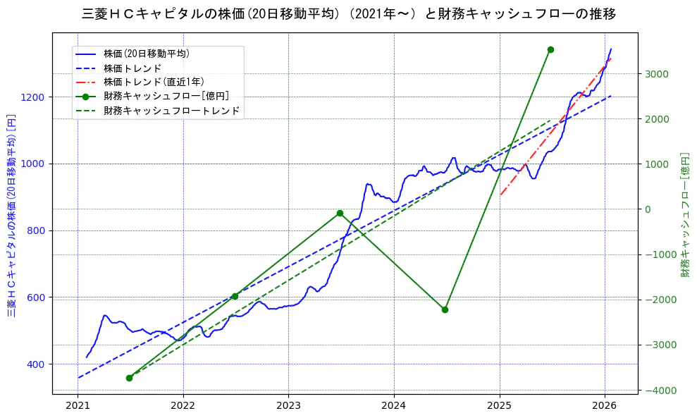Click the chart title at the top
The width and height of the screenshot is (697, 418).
point(348,14)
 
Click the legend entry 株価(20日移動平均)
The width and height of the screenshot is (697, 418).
point(147,53)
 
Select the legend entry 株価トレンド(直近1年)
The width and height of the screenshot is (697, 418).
point(153,82)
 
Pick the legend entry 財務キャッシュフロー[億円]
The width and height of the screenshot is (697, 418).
point(166,96)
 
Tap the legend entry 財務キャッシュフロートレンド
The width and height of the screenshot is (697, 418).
point(171,111)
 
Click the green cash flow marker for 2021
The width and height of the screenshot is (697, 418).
point(130,378)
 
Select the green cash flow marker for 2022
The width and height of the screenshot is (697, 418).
point(235,296)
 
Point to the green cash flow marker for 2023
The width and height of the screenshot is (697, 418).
point(340,213)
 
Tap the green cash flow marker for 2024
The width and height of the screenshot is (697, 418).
point(445,309)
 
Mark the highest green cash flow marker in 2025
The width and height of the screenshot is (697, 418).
point(550,49)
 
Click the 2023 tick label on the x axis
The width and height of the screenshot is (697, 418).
point(288,406)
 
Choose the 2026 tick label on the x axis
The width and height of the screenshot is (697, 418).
point(605,406)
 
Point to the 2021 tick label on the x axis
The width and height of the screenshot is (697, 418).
point(78,406)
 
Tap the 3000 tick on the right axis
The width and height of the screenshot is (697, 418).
point(656,74)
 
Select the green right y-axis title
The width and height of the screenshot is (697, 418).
point(684,214)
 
